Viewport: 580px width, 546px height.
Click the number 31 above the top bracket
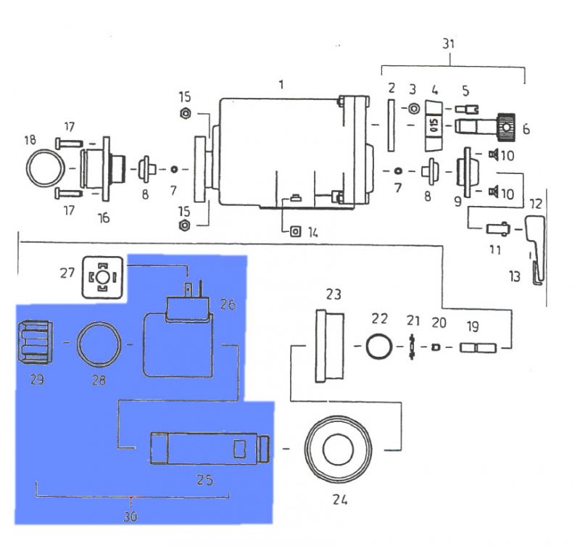pos(449,44)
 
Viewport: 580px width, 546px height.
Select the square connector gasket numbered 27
pos(103,278)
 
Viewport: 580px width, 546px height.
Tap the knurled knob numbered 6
pos(505,128)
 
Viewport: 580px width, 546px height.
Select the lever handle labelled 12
pos(533,236)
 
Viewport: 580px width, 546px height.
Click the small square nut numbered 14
pos(295,231)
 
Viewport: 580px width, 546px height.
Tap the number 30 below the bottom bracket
pos(131,517)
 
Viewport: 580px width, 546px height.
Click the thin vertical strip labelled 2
pos(391,125)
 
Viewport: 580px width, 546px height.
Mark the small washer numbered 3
pos(413,109)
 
